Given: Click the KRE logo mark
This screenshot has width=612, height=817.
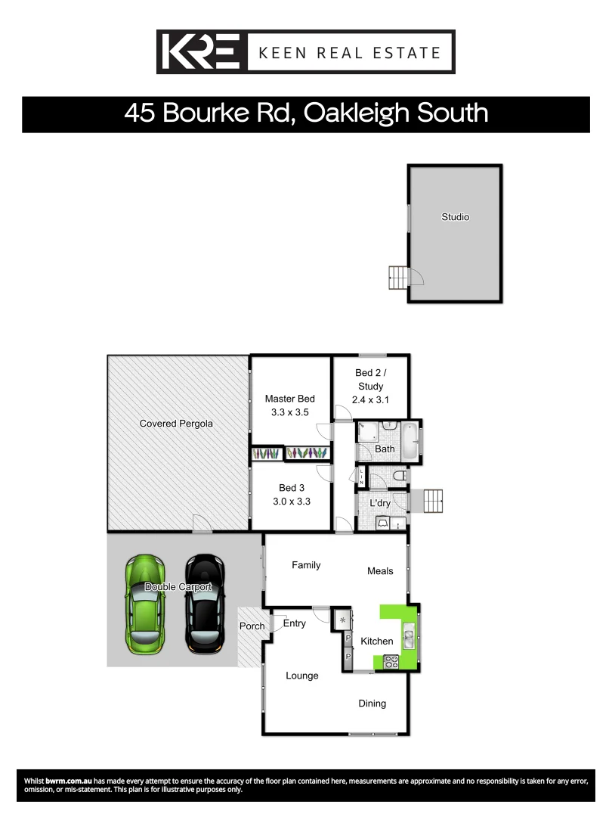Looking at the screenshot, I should coord(201,52).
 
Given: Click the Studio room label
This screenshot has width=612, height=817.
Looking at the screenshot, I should coord(456,217).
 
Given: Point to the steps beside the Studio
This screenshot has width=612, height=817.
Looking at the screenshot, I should coord(397,278).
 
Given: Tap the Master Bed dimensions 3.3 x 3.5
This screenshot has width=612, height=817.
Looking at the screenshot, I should coord(289,413).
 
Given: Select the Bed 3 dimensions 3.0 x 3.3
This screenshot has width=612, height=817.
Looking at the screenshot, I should coord(291,501).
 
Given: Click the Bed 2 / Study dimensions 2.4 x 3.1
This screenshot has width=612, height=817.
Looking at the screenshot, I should coord(370,401).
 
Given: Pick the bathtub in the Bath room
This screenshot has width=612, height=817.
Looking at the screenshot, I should coord(408,442).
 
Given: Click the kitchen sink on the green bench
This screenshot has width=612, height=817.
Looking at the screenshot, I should coord(409,638).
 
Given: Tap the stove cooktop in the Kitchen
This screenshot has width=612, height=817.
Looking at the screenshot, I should coord(391,662).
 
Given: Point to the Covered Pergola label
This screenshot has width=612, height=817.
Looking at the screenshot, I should coord(176,424).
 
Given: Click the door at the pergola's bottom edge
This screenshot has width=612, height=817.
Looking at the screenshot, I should coord(201,523).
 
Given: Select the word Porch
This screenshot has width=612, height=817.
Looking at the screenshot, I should coord(252,626).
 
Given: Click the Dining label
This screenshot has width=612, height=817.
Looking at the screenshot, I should coord(372,704).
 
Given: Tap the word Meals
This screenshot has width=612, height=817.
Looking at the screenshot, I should coord(380,571).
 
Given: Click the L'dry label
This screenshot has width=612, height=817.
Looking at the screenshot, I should coord(379,504).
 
